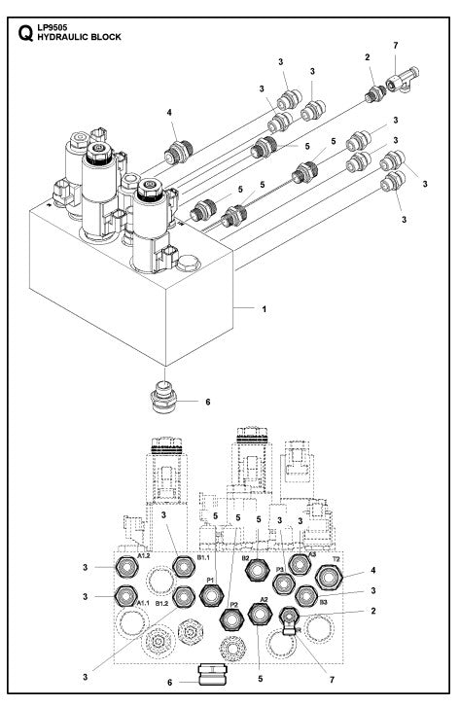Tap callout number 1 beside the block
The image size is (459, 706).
[265, 309]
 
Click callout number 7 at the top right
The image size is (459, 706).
[394, 46]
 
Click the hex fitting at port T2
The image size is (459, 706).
[331, 577]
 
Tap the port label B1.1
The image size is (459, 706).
[203, 558]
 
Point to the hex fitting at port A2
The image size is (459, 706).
[260, 615]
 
